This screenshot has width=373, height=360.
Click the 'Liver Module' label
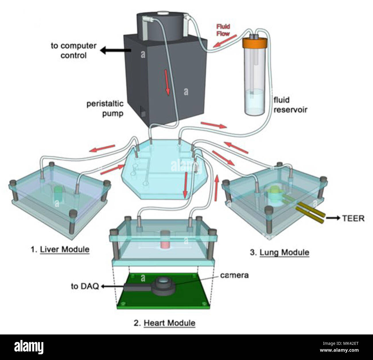tap(65, 250)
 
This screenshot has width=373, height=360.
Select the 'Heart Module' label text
tap(170, 323)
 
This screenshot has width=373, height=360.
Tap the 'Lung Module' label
tap(284, 253)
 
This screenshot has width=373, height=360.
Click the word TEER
tap(353, 218)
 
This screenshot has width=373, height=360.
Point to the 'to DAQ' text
tap(85, 286)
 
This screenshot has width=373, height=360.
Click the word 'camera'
tap(234, 275)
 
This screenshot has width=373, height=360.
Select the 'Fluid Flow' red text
tap(223, 30)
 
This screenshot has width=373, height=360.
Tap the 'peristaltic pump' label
tap(105, 109)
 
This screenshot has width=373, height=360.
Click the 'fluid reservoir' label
tap(290, 105)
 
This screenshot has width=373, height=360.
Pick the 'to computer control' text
tap(74, 50)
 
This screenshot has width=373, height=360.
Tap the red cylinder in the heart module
tap(165, 240)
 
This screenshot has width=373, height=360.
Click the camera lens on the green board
tap(163, 281)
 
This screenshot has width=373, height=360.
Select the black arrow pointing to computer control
tap(116, 50)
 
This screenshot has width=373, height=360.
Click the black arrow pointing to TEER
tap(333, 218)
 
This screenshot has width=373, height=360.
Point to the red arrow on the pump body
tap(167, 82)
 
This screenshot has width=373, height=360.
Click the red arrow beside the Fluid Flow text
tap(225, 41)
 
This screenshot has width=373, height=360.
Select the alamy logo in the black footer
tap(29, 347)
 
